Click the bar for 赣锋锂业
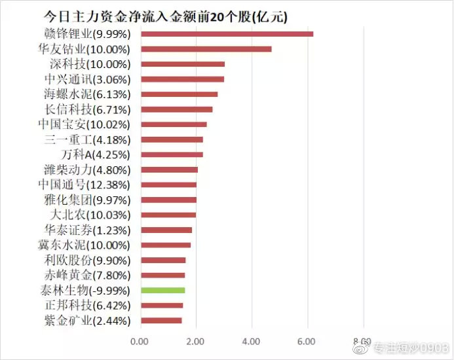[x=227, y=34]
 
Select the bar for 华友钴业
[x=206, y=49]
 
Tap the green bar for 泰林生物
[x=162, y=290]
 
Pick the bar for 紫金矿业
[x=161, y=321]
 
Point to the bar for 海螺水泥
[x=179, y=94]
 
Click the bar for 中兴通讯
[x=182, y=79]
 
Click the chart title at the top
[x=165, y=15]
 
